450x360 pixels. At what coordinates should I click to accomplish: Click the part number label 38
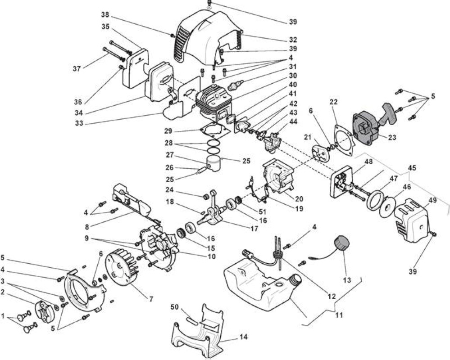click(105, 14)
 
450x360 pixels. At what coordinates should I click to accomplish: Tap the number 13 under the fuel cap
click(347, 280)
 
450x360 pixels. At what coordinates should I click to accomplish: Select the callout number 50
click(175, 307)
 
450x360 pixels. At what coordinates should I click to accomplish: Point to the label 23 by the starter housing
click(392, 137)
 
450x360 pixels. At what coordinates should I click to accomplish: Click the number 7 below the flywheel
click(151, 299)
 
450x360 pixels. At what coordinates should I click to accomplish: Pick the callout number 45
click(412, 168)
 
